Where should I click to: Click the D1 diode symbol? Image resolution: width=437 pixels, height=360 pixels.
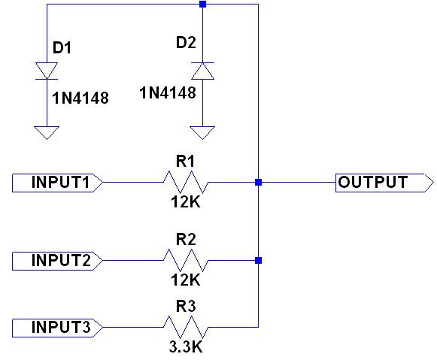coord(47,71)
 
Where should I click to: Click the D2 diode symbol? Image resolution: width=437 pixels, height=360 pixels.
coord(202,71)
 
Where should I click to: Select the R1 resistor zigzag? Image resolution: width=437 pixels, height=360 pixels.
coord(186,183)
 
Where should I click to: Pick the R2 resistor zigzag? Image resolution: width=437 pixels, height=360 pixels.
coord(186,260)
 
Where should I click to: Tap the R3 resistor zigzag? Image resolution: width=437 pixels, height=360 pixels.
coord(186,327)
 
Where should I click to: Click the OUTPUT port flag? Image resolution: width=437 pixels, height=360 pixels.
coord(384,183)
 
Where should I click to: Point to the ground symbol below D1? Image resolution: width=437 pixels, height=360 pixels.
coord(47,132)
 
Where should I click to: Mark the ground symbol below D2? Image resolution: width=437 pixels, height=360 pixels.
coord(202,132)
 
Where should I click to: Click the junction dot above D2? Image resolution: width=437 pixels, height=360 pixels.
coord(202,5)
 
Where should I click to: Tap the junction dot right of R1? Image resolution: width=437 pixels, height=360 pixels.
coord(258,183)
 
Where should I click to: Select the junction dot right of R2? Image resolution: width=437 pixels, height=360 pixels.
coord(258,260)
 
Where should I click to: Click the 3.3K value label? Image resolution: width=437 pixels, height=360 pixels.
coord(186,347)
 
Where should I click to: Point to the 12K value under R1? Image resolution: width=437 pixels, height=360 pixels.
coord(186,202)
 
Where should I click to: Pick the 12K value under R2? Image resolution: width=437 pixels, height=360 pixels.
coord(186,280)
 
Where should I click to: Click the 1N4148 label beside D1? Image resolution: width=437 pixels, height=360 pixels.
coord(80,98)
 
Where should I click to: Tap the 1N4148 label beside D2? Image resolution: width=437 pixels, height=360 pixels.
coord(168,92)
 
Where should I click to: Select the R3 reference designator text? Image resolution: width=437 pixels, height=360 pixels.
coord(186,307)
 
